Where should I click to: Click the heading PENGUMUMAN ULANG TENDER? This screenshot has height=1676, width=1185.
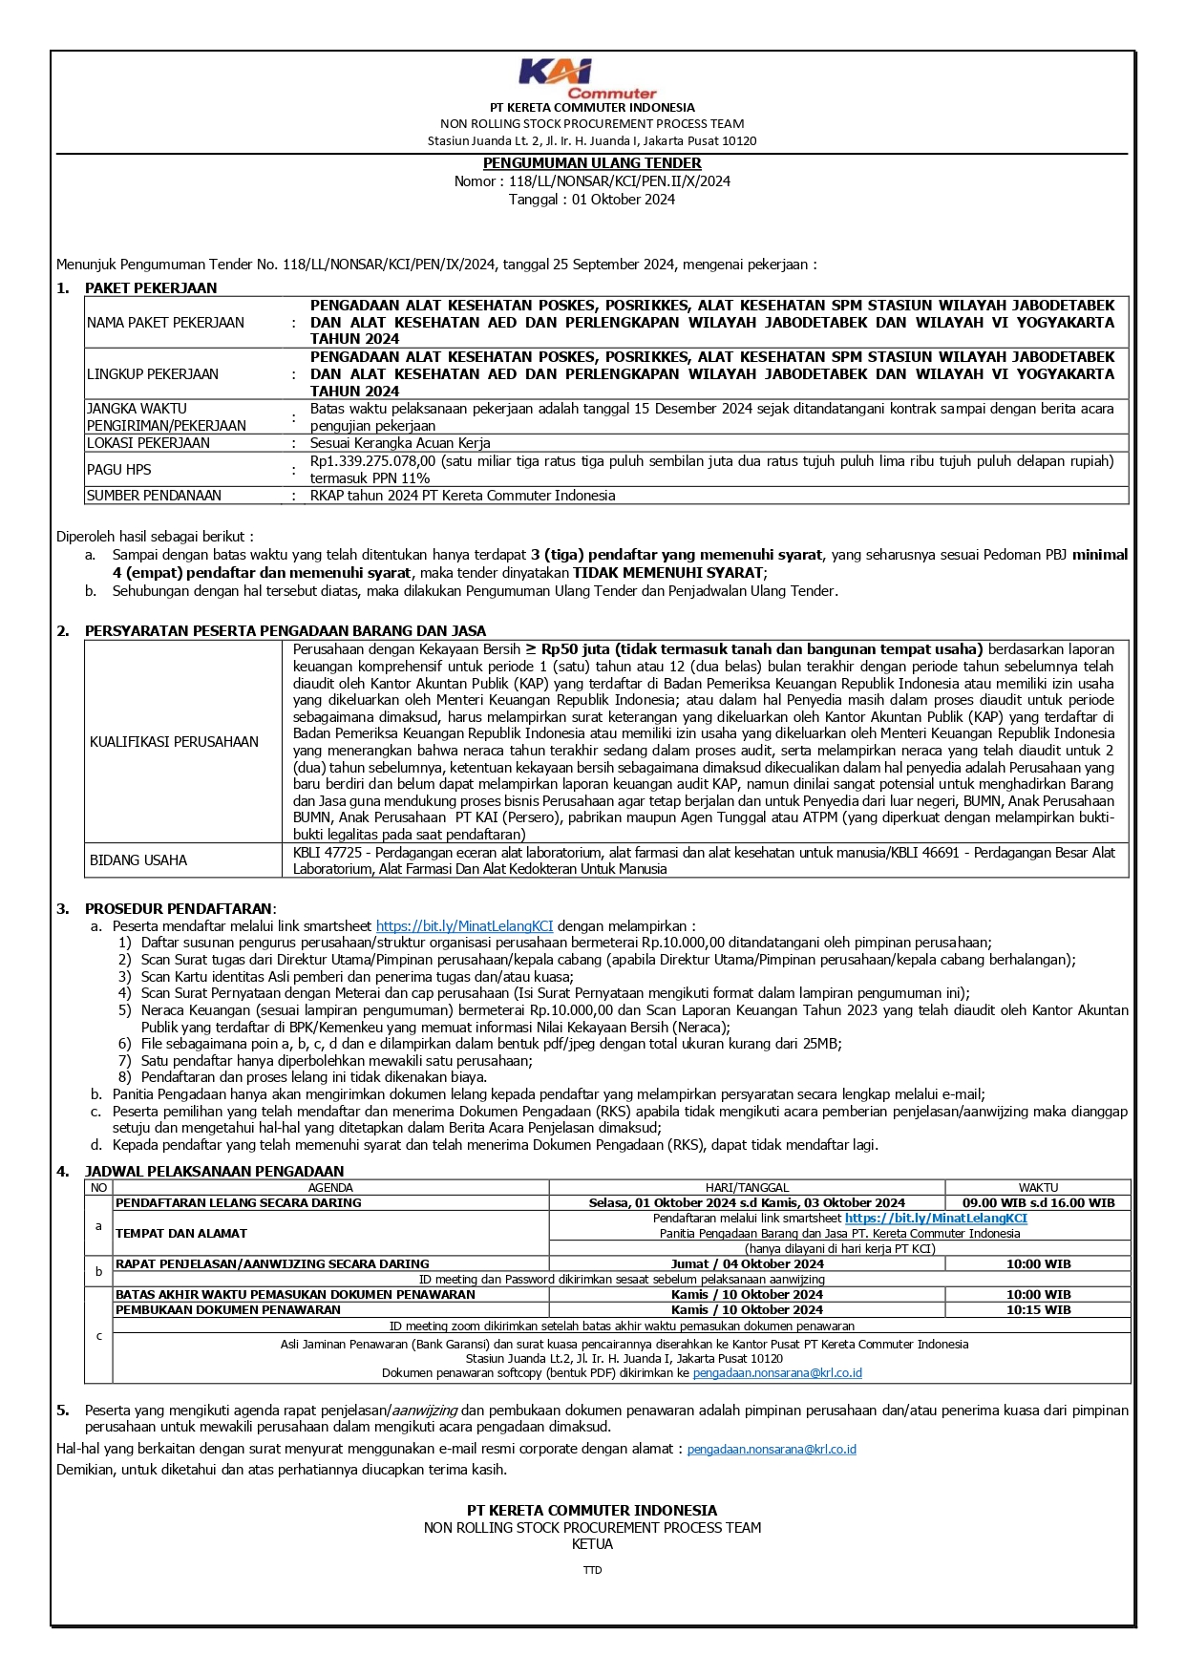(x=592, y=163)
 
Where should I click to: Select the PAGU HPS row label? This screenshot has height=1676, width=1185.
(x=119, y=470)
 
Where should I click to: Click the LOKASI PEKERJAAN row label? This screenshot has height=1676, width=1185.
(x=148, y=443)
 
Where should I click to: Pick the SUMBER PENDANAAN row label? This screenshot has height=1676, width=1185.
(x=154, y=496)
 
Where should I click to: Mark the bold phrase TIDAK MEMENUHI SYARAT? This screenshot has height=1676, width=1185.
(x=668, y=573)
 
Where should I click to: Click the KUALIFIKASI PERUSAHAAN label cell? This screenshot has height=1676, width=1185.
(x=174, y=742)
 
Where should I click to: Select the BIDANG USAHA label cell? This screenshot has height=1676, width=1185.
(x=138, y=860)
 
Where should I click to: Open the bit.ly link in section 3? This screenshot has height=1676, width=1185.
(x=464, y=926)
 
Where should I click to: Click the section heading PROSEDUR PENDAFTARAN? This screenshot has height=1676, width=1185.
(x=179, y=909)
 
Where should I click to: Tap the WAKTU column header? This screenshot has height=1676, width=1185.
(x=1038, y=1188)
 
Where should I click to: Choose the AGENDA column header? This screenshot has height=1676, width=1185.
(x=330, y=1188)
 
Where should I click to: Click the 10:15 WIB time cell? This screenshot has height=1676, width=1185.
(x=1038, y=1310)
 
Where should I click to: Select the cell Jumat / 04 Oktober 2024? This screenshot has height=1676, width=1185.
(x=747, y=1264)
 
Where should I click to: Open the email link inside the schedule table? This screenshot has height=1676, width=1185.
(x=777, y=1373)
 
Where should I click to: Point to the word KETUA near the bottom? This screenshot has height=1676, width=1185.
(x=592, y=1544)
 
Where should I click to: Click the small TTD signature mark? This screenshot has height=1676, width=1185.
(x=592, y=1570)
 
